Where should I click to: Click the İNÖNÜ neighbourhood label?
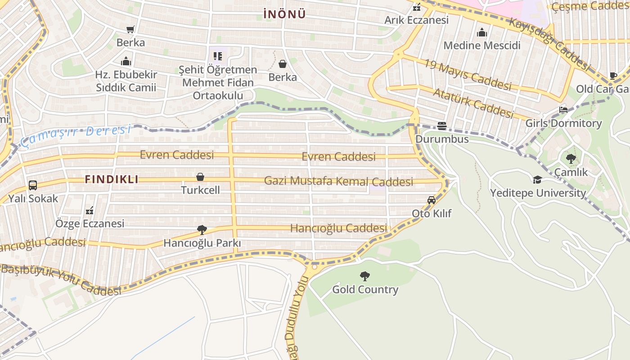tap(284, 14)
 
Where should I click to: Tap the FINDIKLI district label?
tap(112, 179)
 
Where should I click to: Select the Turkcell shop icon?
tap(200, 177)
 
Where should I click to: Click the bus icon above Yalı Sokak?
tap(32, 185)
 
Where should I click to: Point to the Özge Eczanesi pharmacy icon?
tap(89, 210)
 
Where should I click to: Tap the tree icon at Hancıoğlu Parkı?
tap(202, 230)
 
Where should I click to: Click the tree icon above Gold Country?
tap(365, 276)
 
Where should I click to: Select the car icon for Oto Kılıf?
tap(431, 200)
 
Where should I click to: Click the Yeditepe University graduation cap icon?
tap(537, 180)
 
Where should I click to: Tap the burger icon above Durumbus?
tap(442, 126)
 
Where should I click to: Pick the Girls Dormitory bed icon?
tap(563, 110)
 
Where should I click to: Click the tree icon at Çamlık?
tap(571, 158)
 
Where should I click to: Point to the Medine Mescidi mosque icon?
tap(482, 32)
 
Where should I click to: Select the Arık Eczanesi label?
tap(416, 20)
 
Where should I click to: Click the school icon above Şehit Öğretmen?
tap(218, 56)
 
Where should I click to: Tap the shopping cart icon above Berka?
tap(130, 30)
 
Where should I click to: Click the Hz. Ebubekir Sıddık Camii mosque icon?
tap(126, 61)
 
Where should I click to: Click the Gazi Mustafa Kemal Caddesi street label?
tap(338, 181)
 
